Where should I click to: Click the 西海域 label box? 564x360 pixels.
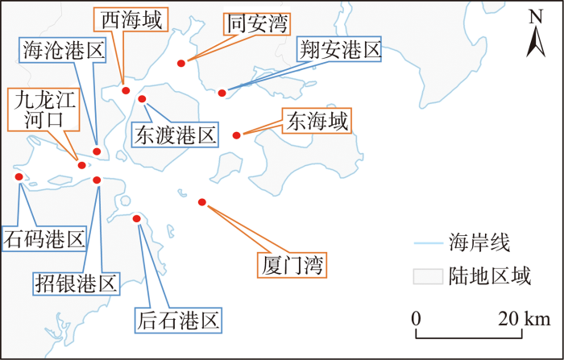tap(131, 19)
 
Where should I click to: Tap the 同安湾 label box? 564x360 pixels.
tap(257, 23)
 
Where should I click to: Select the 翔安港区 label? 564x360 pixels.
tap(339, 49)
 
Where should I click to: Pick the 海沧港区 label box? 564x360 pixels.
tap(63, 50)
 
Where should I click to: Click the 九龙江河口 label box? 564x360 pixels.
tap(44, 110)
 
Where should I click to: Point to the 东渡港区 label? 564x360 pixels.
tap(175, 134)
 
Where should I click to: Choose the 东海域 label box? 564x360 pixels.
tap(317, 121)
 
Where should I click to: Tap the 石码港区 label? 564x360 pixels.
tap(44, 238)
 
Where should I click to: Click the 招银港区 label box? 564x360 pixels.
tap(77, 283)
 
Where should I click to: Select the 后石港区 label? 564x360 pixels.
tap(178, 321)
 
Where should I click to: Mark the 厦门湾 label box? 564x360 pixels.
tap(292, 265)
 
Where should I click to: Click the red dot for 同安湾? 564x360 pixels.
tap(181, 64)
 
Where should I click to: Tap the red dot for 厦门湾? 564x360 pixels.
tap(202, 202)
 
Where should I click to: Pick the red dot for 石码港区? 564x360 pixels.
tap(19, 176)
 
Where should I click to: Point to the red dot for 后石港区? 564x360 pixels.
tap(137, 219)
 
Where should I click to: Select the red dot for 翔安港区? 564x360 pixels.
tap(222, 93)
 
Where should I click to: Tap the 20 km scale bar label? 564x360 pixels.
tap(524, 319)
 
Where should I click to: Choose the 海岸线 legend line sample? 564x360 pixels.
tap(429, 243)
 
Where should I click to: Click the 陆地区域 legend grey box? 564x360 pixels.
tap(428, 276)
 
